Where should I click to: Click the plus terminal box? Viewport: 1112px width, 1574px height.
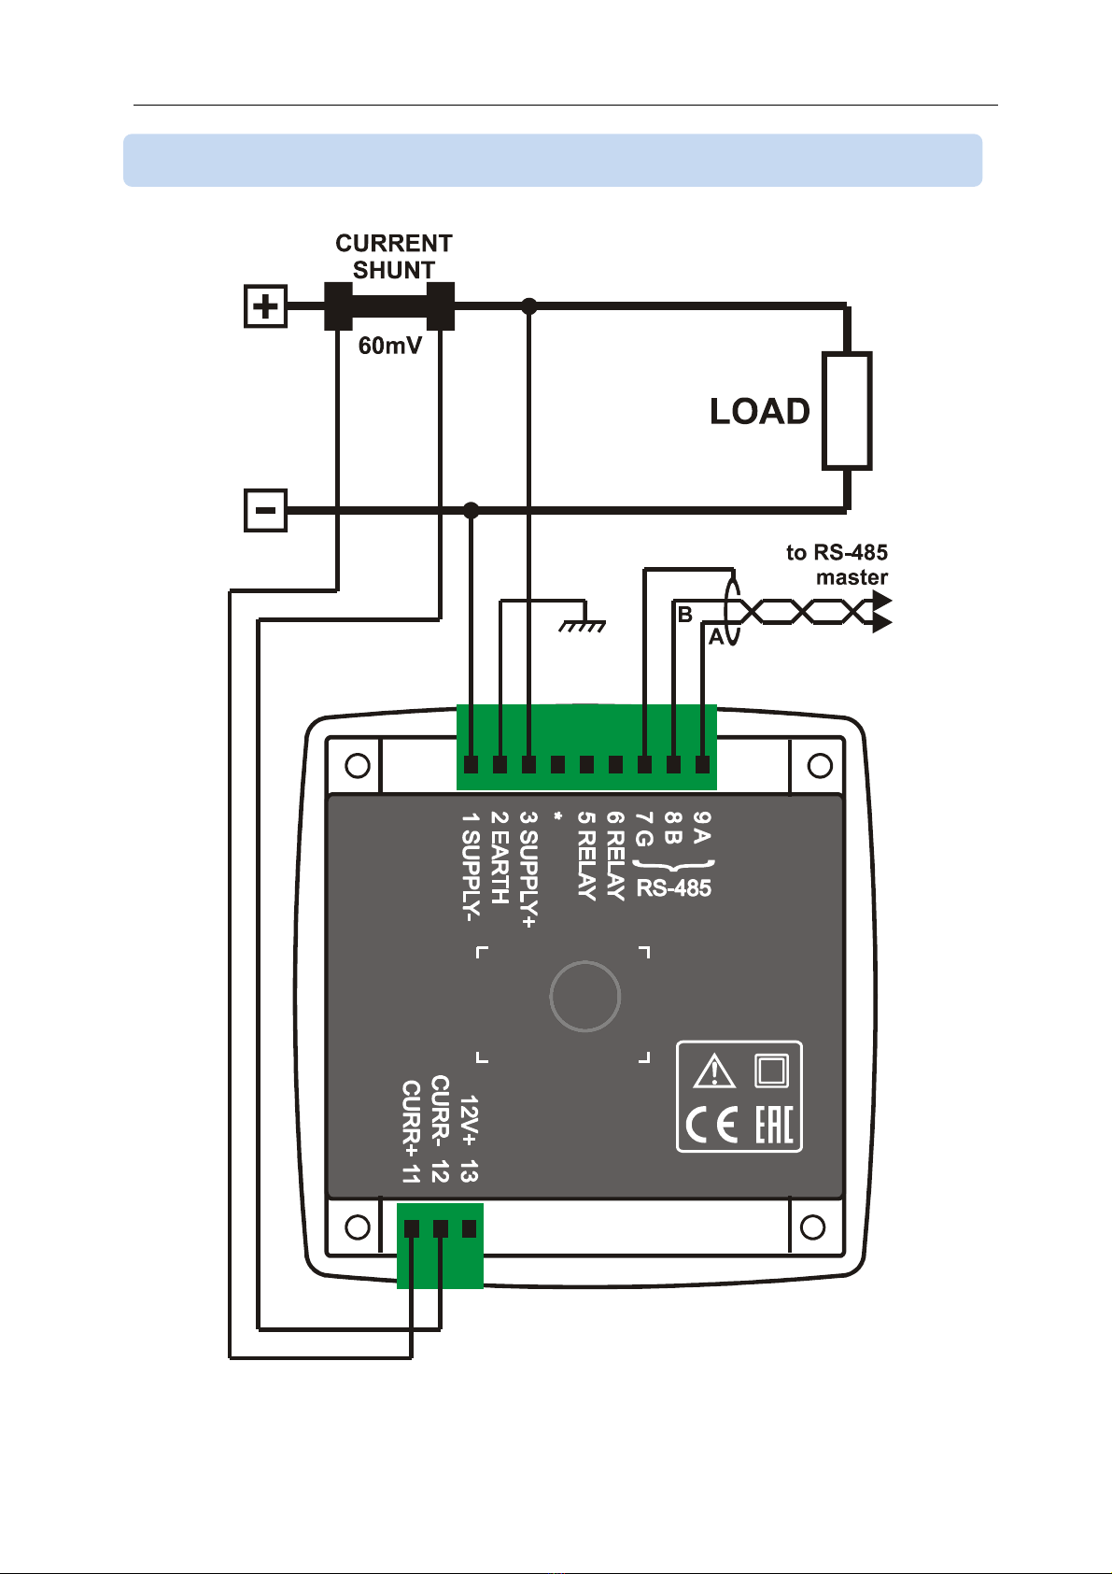pos(265,306)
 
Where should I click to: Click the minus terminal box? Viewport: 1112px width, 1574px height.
pos(265,510)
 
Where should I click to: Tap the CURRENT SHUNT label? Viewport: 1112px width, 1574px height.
pos(393,257)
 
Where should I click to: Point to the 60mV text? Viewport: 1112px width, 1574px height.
pos(390,346)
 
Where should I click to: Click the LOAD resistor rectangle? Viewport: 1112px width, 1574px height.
pos(847,410)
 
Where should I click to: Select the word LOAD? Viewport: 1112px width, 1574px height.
pos(759,411)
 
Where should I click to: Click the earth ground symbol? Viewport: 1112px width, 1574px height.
pos(583,625)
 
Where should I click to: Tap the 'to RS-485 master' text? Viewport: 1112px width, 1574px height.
pos(837,565)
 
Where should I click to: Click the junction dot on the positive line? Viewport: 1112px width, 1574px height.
pos(529,306)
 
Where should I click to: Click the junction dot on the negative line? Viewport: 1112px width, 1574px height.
pos(472,510)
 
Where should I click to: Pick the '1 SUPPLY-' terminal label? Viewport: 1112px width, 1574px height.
pos(471,867)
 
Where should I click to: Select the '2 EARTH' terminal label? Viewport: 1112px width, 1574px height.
pos(500,858)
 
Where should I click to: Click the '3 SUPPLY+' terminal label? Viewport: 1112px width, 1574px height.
pos(528,870)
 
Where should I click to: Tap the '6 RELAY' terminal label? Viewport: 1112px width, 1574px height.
pos(615,856)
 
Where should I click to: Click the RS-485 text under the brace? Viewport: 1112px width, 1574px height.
pos(674,888)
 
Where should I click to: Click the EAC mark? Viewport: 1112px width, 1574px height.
pos(774,1125)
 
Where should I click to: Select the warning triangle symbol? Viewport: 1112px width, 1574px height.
pos(714,1071)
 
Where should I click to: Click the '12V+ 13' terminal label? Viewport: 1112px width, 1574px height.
pos(470,1139)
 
